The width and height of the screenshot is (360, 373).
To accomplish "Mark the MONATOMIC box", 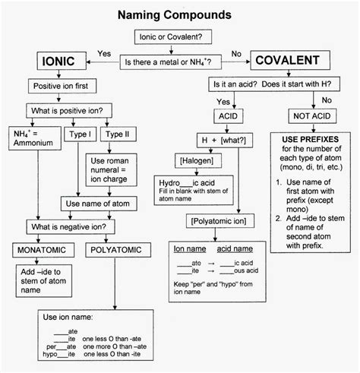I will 43,249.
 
